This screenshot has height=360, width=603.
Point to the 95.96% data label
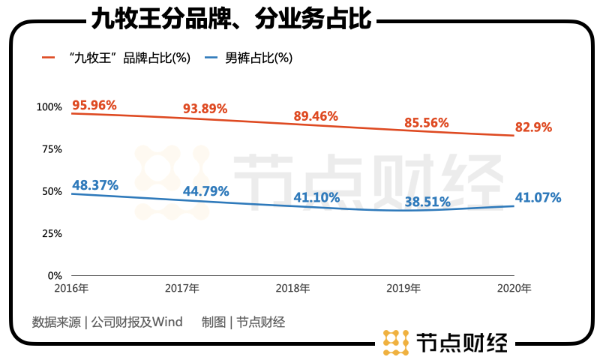94,105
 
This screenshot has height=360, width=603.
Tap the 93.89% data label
205,109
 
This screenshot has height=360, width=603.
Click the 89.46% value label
315,116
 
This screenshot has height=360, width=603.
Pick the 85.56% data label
426,122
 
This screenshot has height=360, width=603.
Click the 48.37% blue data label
94,184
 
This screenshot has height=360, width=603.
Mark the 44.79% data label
205,190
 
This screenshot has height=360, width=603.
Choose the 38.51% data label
427,201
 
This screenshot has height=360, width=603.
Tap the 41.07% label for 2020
538,198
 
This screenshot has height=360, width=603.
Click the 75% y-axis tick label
52,149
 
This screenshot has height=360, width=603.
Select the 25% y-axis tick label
52,233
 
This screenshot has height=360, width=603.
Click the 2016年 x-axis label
72,288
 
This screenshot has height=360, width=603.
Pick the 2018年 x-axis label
293,288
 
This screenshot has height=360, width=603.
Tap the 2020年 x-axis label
514,288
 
